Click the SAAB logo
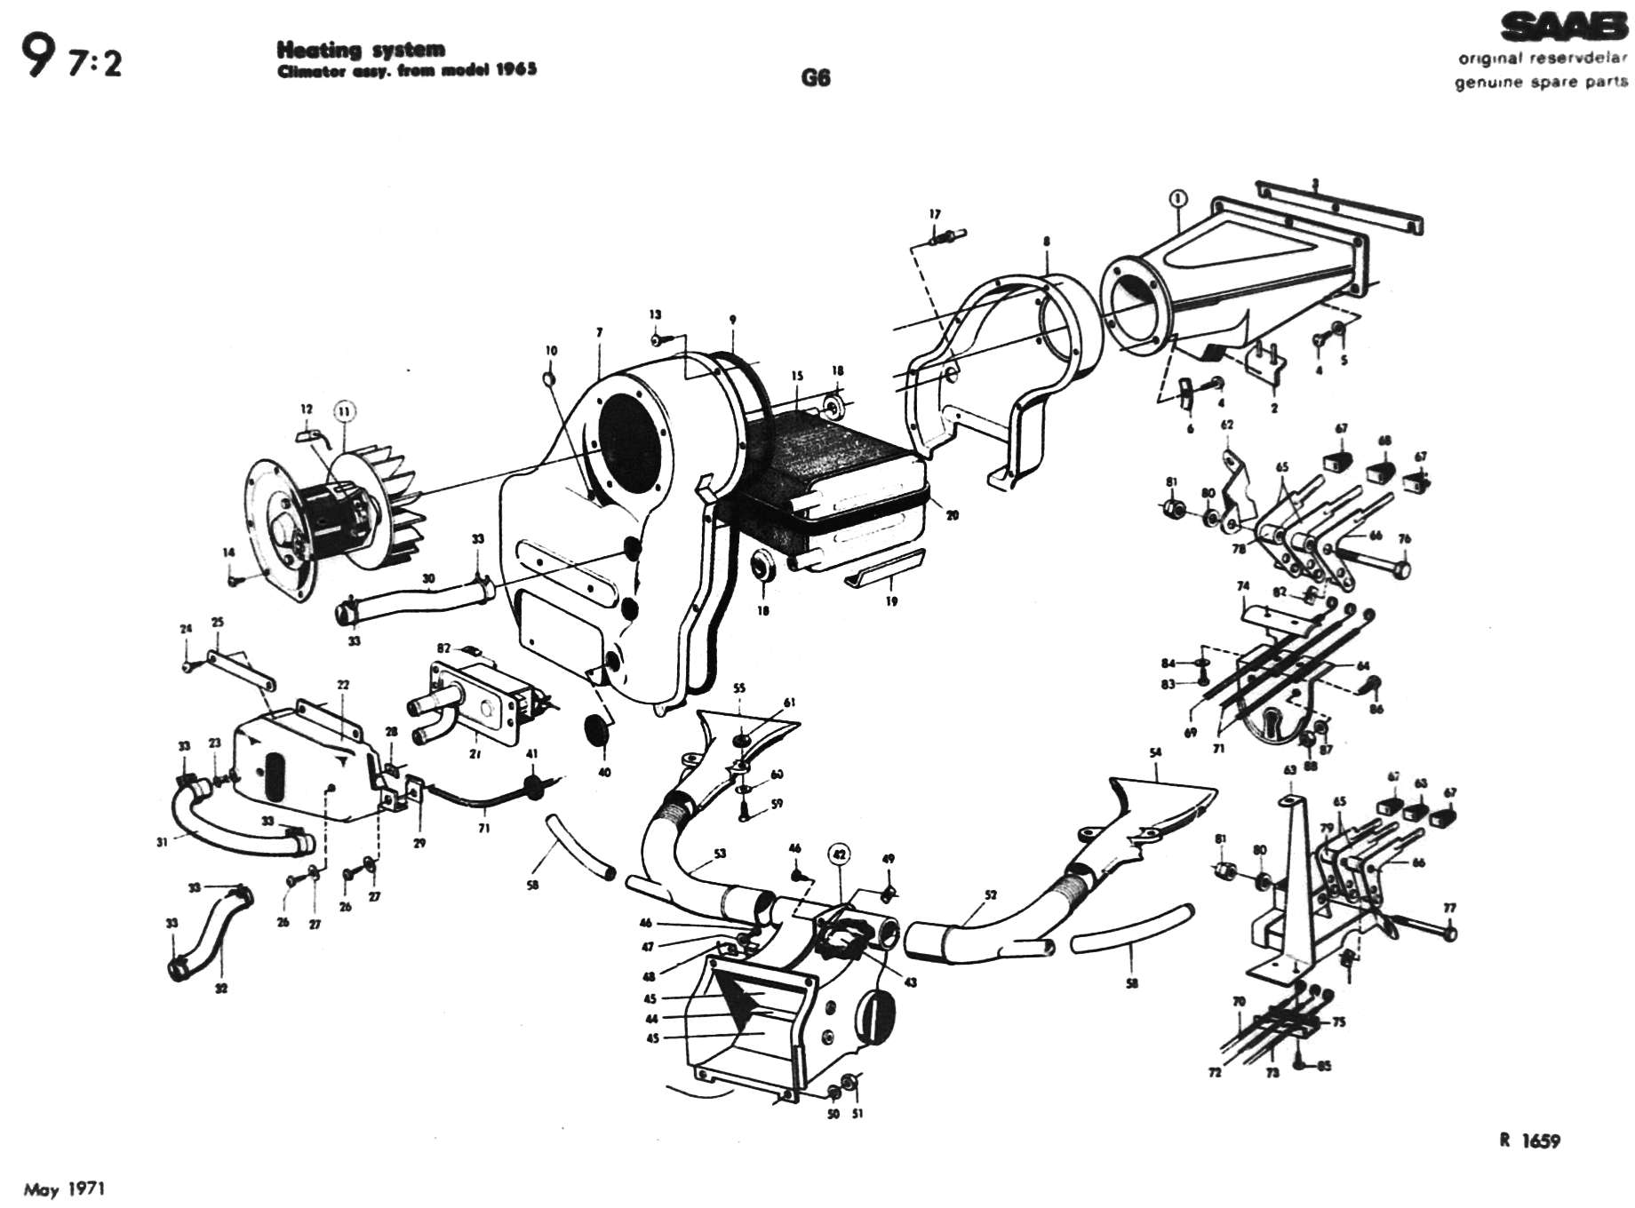pos(1564,29)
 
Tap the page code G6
pos(815,77)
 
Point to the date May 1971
pos(64,1188)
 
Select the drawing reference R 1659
pos(1529,1140)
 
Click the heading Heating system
pos(361,50)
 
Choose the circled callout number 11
pos(345,410)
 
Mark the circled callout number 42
pos(839,854)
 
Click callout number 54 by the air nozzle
pos(1155,753)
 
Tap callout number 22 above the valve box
pos(343,685)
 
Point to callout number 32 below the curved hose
pos(221,988)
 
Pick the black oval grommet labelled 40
pos(598,728)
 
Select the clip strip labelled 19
pos(884,568)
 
